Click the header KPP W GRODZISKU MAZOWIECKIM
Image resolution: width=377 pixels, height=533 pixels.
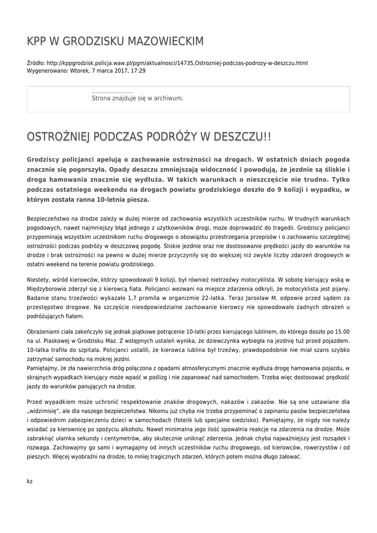pyautogui.click(x=115, y=41)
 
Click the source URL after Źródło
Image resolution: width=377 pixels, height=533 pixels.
pyautogui.click(x=177, y=63)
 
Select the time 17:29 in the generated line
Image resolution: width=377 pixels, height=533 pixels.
pyautogui.click(x=138, y=70)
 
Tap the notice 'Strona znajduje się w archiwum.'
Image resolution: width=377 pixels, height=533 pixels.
pyautogui.click(x=137, y=98)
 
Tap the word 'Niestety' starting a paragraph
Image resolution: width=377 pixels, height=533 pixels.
pyautogui.click(x=38, y=280)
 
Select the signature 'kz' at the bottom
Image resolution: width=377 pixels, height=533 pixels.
pyautogui.click(x=30, y=481)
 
